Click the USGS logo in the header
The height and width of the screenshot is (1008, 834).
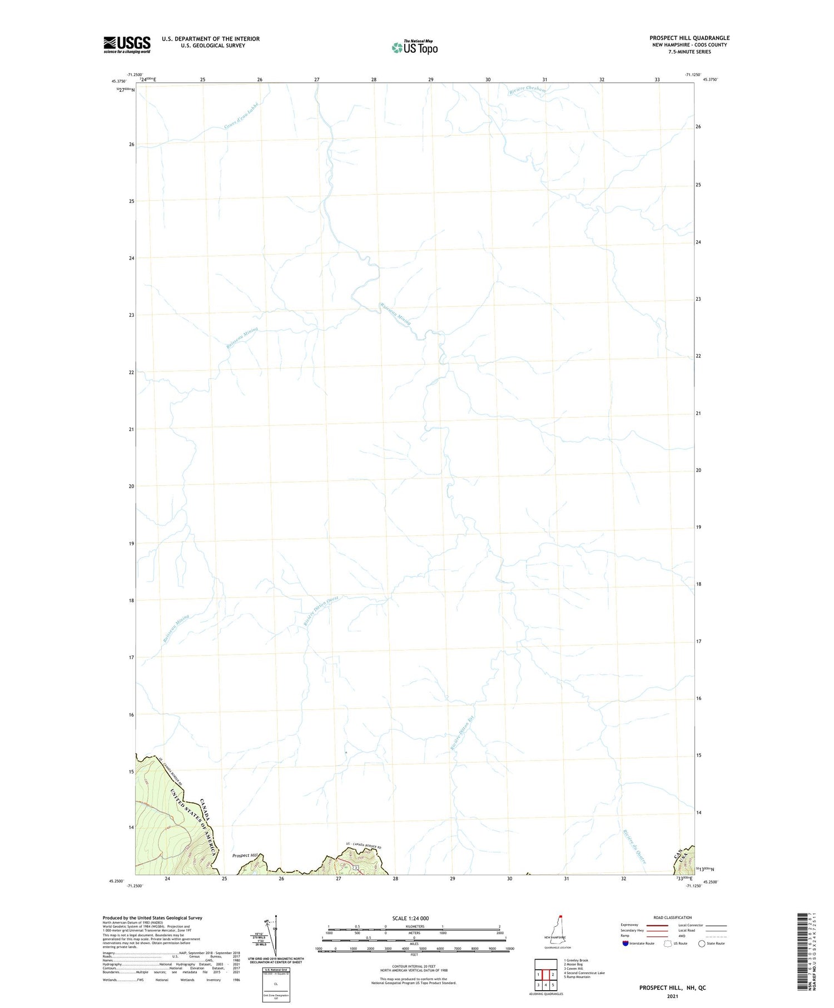(x=127, y=44)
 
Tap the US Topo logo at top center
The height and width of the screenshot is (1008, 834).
(x=415, y=48)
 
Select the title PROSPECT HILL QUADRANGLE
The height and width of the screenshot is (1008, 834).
(x=689, y=38)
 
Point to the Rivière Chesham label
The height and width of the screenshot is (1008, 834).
(x=527, y=91)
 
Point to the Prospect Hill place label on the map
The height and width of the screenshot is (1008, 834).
(x=245, y=856)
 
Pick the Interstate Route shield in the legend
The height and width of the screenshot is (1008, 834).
(x=625, y=944)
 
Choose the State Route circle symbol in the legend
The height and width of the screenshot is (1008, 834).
(x=702, y=944)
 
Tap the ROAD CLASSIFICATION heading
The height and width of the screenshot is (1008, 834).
(x=672, y=917)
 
